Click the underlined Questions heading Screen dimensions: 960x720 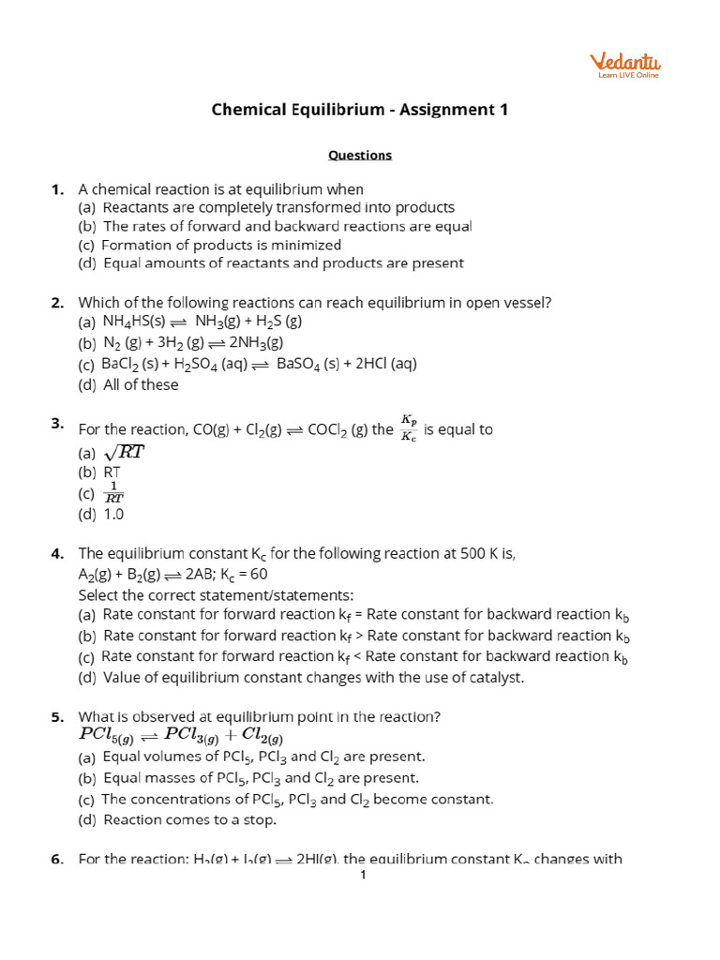click(360, 156)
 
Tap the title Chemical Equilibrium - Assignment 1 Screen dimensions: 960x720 click(360, 110)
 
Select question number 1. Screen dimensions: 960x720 click(57, 189)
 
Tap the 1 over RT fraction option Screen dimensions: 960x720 click(112, 493)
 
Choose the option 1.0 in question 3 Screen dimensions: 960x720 click(113, 514)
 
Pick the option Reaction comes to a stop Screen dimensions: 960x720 click(189, 819)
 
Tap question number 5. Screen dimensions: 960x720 click(57, 717)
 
